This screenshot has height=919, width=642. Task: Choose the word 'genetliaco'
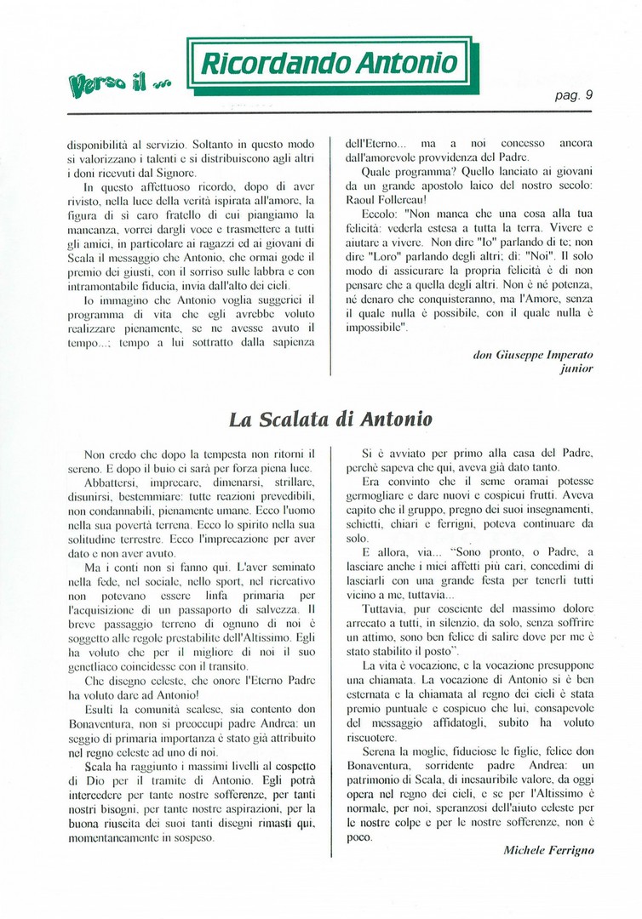coord(100,664)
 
